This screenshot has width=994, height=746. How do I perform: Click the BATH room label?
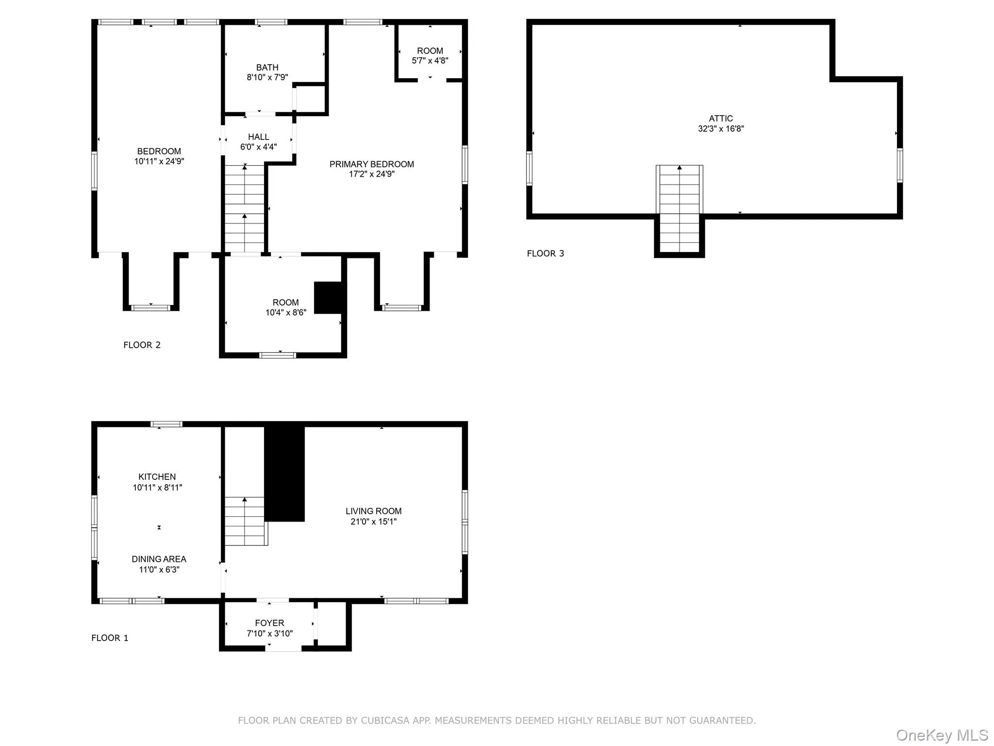[267, 68]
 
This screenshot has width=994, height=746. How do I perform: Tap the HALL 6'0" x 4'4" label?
[258, 142]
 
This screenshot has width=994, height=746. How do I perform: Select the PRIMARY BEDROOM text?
[372, 164]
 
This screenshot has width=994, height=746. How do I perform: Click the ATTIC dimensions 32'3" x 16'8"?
[721, 129]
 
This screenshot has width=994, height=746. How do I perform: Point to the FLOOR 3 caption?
[546, 254]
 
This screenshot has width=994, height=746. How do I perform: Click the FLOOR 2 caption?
[142, 345]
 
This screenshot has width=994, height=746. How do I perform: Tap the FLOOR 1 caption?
[110, 638]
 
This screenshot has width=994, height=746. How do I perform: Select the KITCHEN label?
[157, 477]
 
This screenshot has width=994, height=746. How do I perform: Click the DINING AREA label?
[159, 559]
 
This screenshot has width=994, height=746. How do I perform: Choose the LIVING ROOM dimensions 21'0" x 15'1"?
[373, 522]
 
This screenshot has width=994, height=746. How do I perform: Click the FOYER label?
[269, 623]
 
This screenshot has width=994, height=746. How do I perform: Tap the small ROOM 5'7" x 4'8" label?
[430, 55]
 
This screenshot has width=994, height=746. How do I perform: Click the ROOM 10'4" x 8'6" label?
[285, 307]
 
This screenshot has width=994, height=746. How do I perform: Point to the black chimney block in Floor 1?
[284, 474]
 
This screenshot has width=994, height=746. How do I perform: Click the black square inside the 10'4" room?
[329, 297]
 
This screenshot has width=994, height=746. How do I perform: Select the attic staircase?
[679, 209]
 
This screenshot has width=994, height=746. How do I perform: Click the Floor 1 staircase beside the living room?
[245, 521]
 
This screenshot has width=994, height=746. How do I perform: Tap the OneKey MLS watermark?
[942, 735]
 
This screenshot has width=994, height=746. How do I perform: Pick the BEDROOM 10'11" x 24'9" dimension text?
[159, 161]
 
